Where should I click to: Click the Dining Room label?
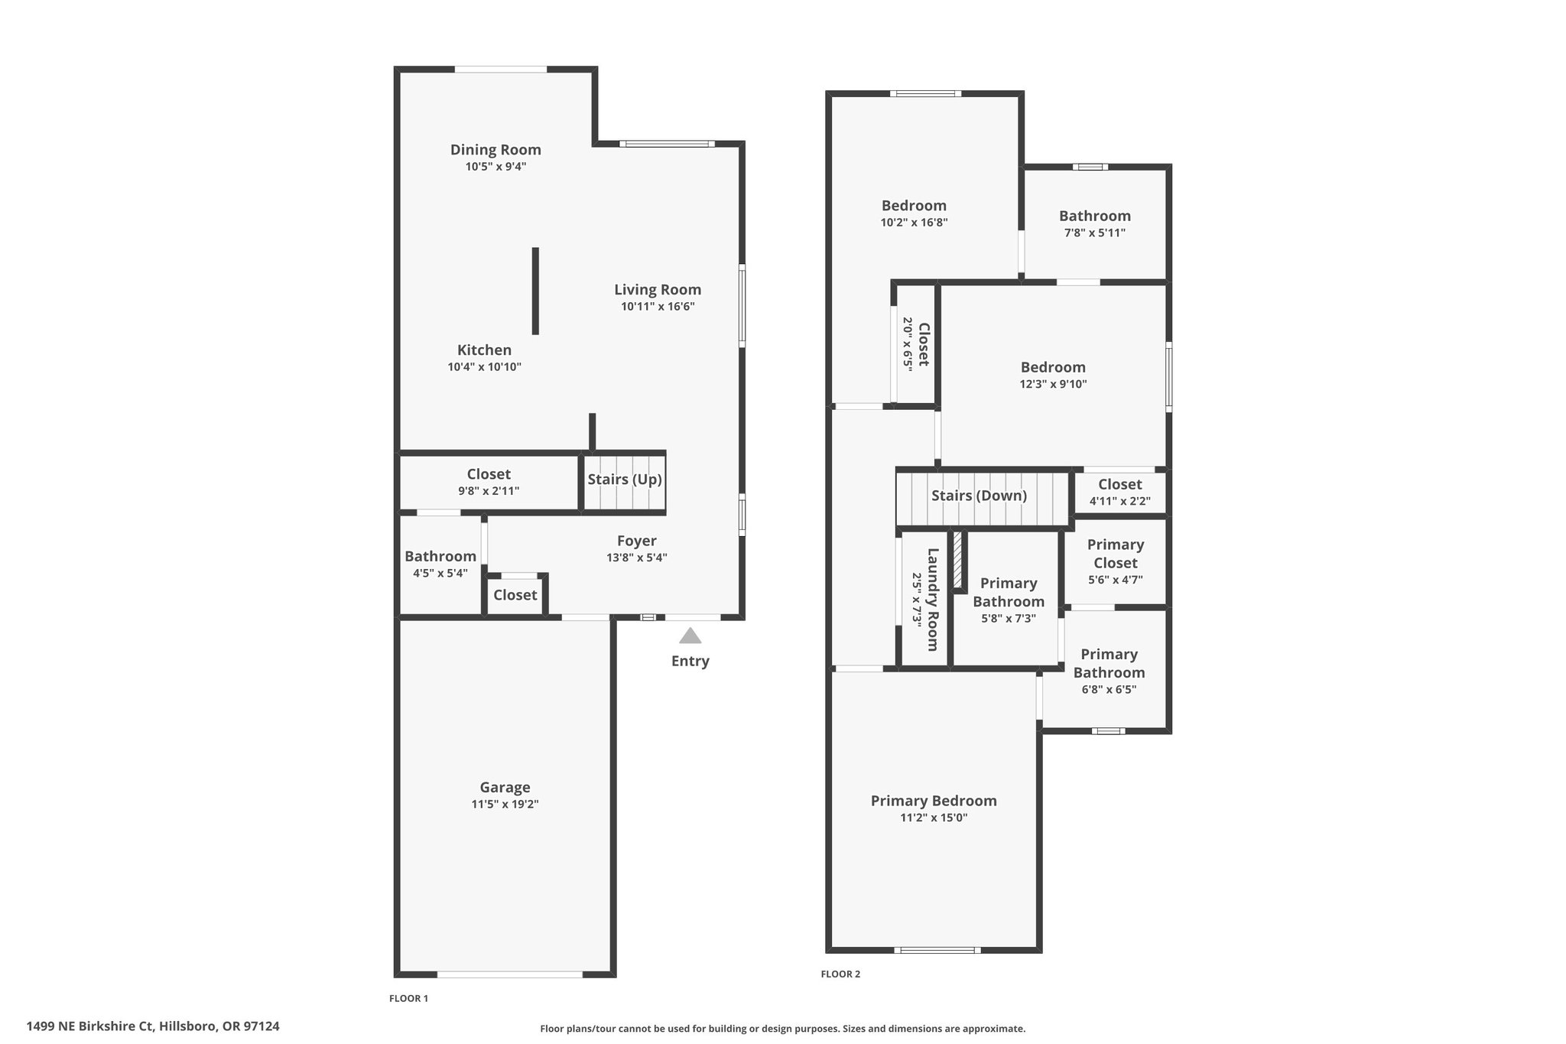[x=495, y=150]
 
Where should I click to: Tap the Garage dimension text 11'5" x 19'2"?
[x=505, y=804]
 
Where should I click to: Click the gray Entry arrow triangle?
[x=690, y=636]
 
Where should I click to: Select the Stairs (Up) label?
[x=625, y=480]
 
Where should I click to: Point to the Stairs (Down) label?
[x=979, y=496]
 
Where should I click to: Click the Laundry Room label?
[x=933, y=600]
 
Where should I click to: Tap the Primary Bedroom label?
[x=934, y=801]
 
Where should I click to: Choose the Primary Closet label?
[x=1116, y=554]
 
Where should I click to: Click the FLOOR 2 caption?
[x=840, y=974]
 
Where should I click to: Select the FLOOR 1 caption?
[x=409, y=998]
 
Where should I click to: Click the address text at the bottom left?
[x=153, y=1026]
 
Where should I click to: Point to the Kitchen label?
[x=484, y=350]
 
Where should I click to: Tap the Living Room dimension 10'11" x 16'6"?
[x=658, y=307]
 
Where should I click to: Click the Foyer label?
[x=637, y=542]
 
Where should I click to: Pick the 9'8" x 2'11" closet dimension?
[x=489, y=491]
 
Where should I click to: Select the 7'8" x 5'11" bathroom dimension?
[x=1095, y=233]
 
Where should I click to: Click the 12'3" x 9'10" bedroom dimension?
[x=1053, y=384]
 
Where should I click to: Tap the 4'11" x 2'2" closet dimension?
[x=1119, y=502]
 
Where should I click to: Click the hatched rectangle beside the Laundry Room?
[x=957, y=560]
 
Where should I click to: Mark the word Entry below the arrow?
[x=690, y=661]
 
